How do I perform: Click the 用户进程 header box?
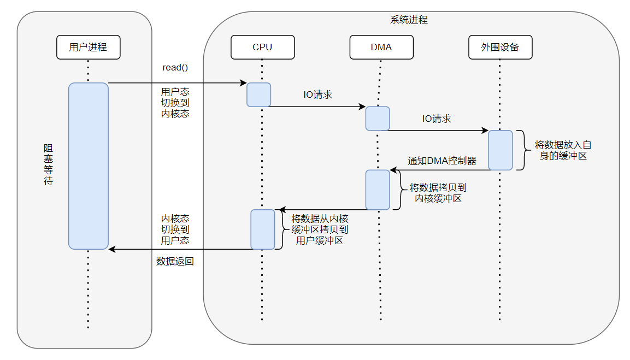(88, 47)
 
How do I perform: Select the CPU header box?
(262, 47)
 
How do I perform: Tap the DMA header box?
(381, 47)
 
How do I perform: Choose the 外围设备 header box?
(500, 47)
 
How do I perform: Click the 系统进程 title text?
(409, 20)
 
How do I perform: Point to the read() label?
(175, 68)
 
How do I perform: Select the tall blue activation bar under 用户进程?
(88, 166)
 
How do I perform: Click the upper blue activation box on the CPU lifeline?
(258, 95)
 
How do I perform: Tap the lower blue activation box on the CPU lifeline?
(262, 229)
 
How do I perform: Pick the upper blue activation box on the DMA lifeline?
(378, 119)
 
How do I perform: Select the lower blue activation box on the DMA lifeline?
(378, 190)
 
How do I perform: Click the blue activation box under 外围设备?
(500, 150)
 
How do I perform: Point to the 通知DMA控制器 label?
(442, 161)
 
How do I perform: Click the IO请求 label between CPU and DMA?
(318, 95)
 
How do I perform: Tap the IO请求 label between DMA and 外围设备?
(437, 119)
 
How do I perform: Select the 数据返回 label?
(175, 262)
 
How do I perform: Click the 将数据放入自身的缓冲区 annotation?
(563, 150)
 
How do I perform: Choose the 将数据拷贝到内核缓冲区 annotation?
(438, 193)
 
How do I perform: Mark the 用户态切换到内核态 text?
(175, 103)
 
